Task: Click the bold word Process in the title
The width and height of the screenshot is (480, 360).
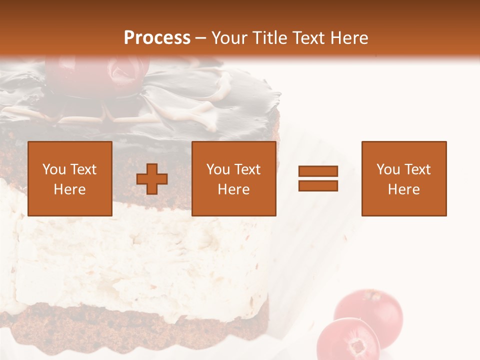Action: pos(157,38)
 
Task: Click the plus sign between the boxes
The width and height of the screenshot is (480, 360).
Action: pos(152,179)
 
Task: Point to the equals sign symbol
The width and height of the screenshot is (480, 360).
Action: pos(318,178)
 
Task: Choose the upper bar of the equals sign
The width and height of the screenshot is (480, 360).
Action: pos(318,171)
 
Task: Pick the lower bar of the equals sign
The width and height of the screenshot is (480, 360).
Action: pos(318,185)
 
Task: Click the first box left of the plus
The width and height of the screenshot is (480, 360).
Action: pos(70,178)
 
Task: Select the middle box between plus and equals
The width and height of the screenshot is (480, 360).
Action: pos(234,178)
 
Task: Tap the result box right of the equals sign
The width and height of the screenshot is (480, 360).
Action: pos(404,178)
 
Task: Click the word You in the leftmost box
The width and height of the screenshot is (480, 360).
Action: pos(54,169)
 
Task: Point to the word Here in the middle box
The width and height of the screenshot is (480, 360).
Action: pos(234,189)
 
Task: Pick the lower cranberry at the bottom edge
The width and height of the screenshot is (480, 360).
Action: pos(348,341)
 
